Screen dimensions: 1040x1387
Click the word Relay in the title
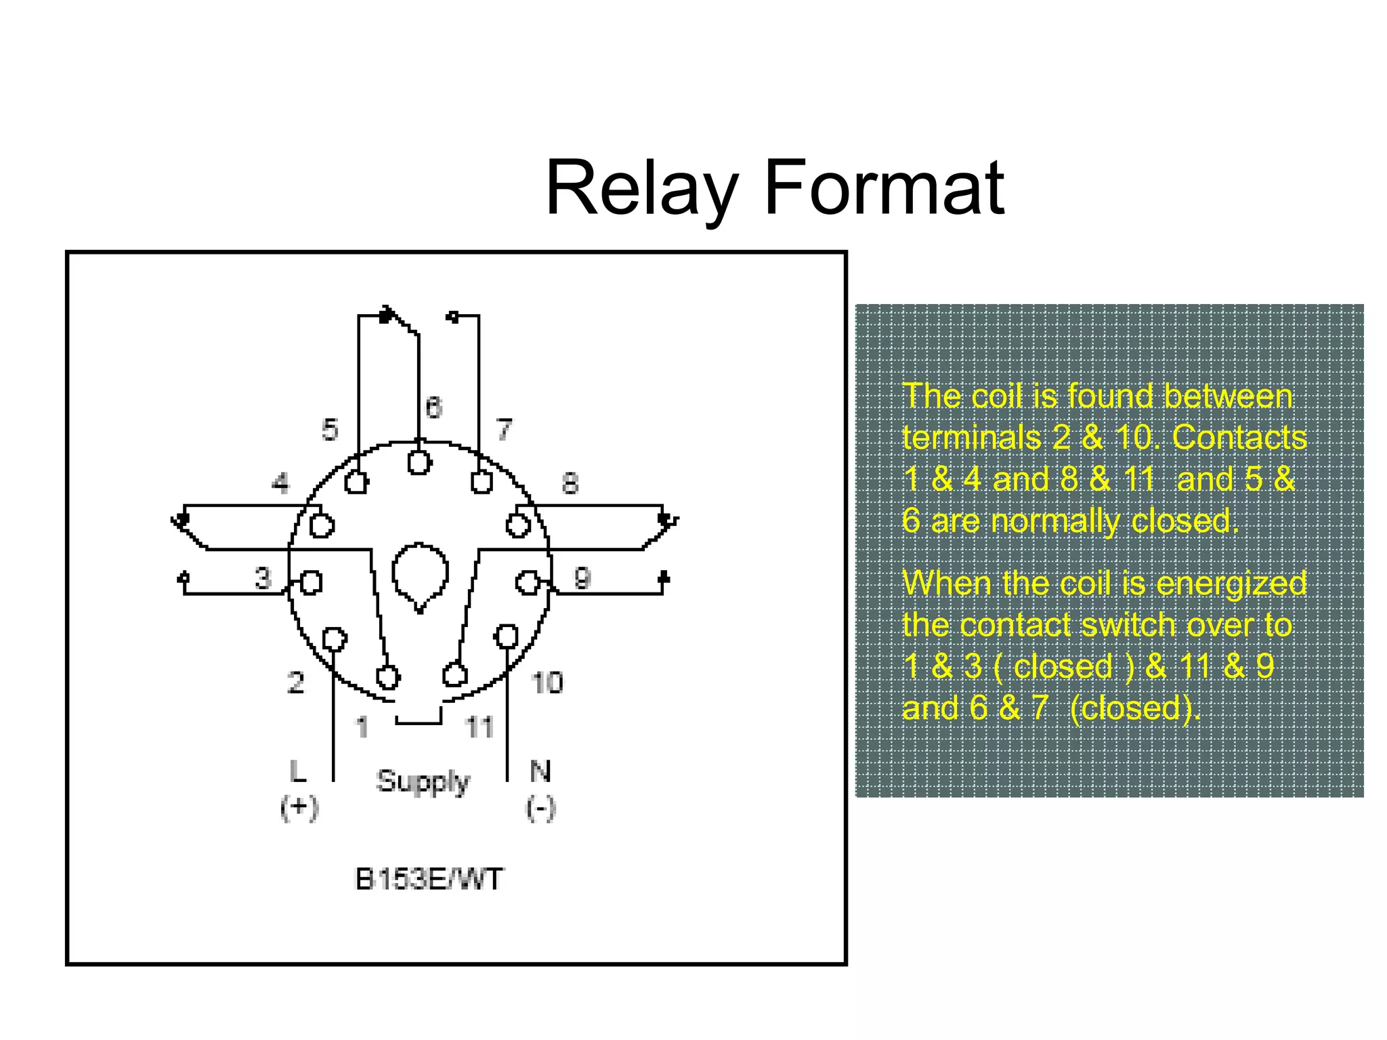641,188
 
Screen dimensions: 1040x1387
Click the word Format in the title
883,188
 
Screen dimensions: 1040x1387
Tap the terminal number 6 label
433,408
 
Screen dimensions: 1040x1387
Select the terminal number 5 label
330,430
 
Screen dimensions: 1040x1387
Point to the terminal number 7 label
505,429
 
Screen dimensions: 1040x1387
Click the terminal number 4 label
280,483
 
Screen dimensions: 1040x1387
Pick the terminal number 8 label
570,483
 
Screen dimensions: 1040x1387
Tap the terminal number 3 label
263,578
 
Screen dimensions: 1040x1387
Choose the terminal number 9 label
582,578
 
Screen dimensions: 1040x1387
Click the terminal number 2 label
295,682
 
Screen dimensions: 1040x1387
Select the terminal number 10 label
547,682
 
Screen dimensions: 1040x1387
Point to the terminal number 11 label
479,728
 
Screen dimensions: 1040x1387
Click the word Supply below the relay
423,782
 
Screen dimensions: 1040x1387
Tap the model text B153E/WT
429,880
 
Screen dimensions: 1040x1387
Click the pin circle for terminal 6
419,463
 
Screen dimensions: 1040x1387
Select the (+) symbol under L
299,808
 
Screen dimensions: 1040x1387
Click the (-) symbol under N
540,808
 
